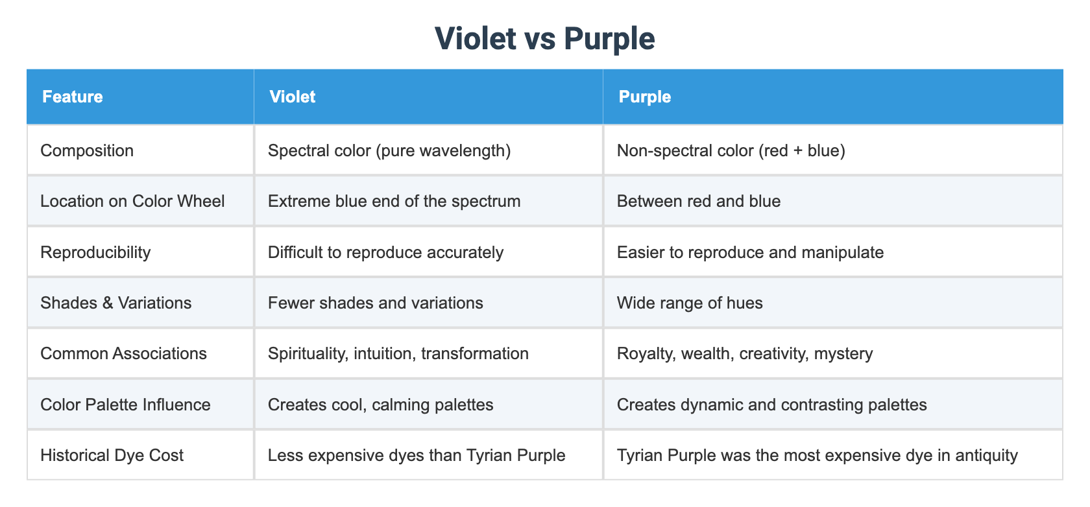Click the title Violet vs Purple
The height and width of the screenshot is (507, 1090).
[544, 38]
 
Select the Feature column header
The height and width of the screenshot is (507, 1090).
[73, 97]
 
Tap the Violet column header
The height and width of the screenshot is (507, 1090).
[293, 97]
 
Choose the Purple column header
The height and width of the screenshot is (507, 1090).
[645, 97]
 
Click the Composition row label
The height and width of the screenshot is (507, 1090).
[87, 150]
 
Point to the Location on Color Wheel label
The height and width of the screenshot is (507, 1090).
[132, 201]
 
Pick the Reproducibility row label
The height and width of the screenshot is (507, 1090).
[95, 252]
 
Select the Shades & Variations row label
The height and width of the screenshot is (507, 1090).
[115, 303]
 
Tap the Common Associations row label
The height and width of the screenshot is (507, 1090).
[123, 353]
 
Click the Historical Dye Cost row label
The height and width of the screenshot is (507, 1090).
[112, 455]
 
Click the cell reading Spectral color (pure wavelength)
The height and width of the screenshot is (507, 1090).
[389, 150]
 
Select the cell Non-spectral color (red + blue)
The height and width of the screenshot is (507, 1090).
[731, 150]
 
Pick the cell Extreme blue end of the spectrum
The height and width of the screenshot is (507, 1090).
[394, 201]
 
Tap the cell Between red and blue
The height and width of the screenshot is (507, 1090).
[698, 201]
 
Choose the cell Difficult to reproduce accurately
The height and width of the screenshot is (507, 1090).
[385, 252]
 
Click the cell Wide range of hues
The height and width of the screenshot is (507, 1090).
[690, 303]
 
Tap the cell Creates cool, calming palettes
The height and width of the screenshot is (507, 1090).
[380, 405]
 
